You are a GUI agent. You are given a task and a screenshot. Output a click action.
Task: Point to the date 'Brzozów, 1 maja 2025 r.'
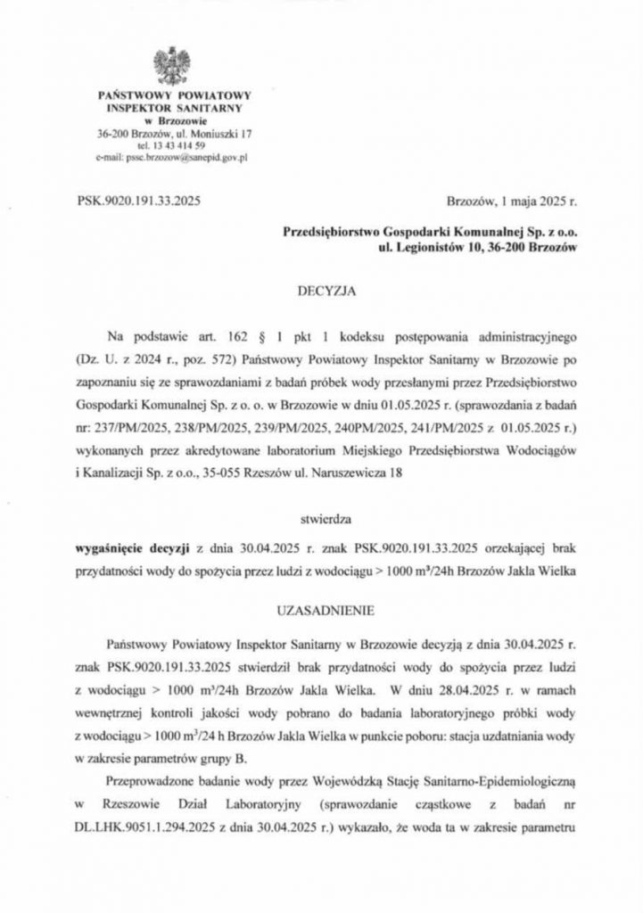tap(506, 201)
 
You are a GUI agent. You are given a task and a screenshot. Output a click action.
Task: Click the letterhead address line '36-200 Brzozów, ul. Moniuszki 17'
tap(176, 133)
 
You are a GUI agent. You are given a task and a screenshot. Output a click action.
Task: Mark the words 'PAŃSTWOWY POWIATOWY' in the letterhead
tap(176, 95)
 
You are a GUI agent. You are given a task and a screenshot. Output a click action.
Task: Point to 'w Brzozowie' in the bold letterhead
tap(176, 120)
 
